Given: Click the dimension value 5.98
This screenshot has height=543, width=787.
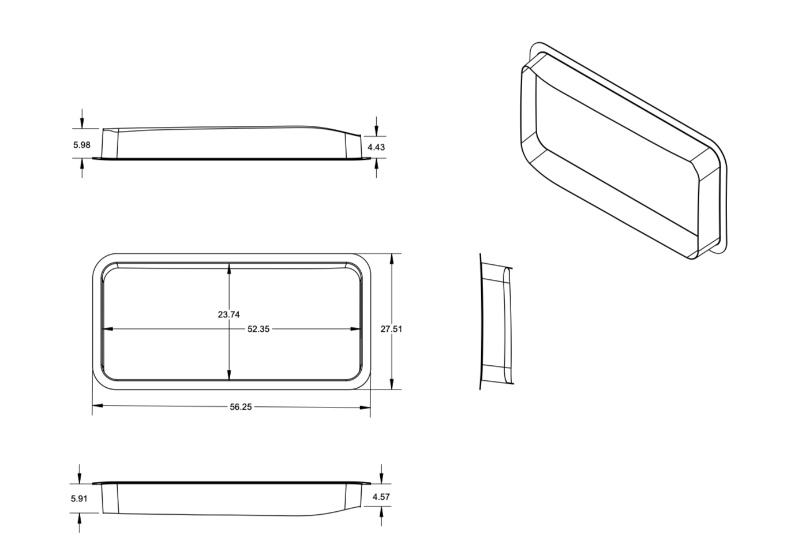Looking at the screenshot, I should [x=81, y=145].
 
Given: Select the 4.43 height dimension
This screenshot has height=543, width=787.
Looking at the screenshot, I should [x=376, y=147].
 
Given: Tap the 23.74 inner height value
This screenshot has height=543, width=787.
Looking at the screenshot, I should [x=228, y=314].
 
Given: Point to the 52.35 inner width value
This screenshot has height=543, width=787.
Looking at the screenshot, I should [x=258, y=329].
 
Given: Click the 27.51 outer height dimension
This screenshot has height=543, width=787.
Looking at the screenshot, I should [x=391, y=329].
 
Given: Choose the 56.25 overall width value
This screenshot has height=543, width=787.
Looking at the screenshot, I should [x=241, y=407].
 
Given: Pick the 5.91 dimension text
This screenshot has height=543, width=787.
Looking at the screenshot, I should [x=79, y=498].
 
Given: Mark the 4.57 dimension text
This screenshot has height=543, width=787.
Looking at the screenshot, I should [x=381, y=497].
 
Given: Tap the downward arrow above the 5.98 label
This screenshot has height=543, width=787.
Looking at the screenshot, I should [x=82, y=122].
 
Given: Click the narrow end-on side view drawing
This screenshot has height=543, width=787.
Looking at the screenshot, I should [x=496, y=321].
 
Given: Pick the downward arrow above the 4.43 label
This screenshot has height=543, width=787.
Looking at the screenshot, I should [x=376, y=130].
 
